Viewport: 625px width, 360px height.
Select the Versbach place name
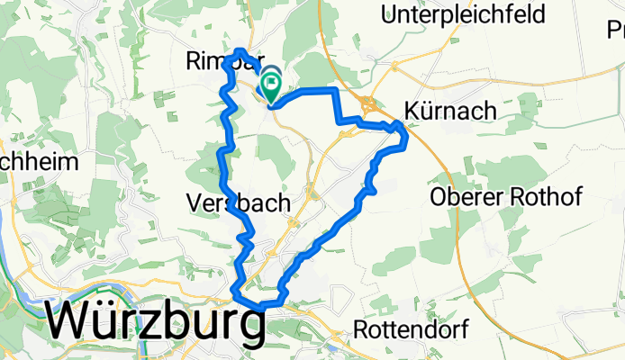coord(239,203)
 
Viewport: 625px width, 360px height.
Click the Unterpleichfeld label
coord(463,13)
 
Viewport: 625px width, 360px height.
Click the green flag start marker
coord(270,86)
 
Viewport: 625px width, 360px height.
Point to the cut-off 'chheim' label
coord(28,163)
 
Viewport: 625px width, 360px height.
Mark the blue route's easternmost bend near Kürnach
coord(407,136)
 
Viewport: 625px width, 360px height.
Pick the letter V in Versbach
coord(196,203)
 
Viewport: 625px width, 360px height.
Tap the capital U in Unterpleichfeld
coord(391,13)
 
